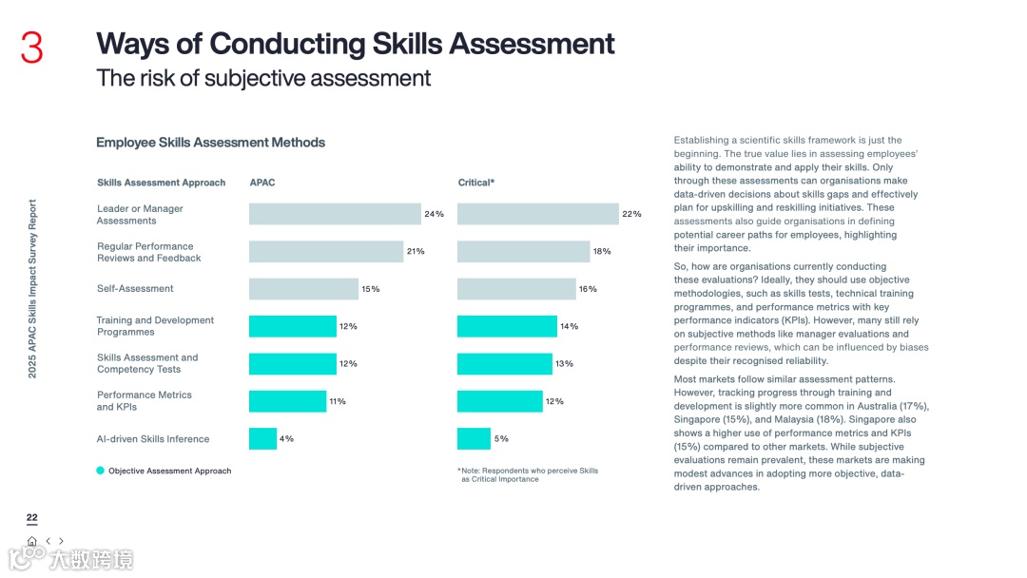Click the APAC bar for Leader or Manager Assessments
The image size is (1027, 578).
click(x=335, y=214)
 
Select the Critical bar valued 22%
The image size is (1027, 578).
click(x=537, y=214)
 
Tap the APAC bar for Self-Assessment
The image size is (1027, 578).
click(x=303, y=289)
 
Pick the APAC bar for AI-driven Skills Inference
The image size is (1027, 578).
click(x=262, y=438)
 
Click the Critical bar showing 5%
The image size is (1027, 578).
click(x=474, y=438)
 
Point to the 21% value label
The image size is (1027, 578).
click(x=416, y=252)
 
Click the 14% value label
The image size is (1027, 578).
click(x=569, y=326)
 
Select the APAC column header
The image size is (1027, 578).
click(x=262, y=183)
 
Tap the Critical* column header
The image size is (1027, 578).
click(x=476, y=183)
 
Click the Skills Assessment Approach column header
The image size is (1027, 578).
click(x=162, y=183)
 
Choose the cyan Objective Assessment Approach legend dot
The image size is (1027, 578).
click(x=100, y=471)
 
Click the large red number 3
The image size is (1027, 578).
click(x=32, y=48)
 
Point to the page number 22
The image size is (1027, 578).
click(x=32, y=518)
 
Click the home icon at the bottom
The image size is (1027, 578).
click(x=32, y=541)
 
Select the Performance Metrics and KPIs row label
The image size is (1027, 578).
click(x=145, y=401)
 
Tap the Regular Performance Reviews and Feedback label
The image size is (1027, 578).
click(x=149, y=252)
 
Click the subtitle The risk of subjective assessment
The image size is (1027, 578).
click(x=263, y=78)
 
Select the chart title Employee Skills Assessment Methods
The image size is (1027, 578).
click(x=210, y=143)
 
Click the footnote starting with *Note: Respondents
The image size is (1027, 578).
click(x=528, y=474)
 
